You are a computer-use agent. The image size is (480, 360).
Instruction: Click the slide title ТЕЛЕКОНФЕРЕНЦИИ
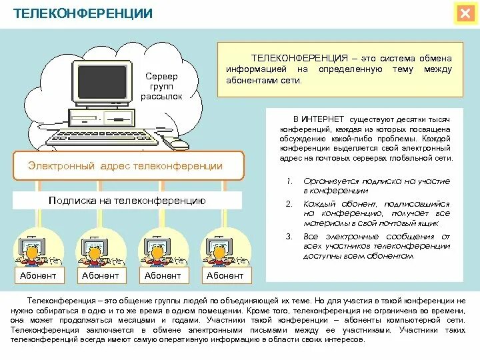click(83, 13)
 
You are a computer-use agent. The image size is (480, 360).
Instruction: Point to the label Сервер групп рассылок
click(161, 87)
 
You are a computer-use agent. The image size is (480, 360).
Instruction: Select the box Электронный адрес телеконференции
click(125, 166)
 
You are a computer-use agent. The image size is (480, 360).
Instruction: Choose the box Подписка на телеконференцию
click(127, 200)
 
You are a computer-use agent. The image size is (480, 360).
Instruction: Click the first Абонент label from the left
click(38, 275)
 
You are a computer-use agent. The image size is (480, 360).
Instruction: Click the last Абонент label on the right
click(225, 275)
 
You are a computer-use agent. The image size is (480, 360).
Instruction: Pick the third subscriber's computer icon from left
click(155, 249)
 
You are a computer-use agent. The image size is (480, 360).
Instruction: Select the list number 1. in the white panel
click(289, 181)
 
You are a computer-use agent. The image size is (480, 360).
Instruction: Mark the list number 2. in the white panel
click(289, 204)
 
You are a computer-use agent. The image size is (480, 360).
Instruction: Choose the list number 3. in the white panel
click(289, 236)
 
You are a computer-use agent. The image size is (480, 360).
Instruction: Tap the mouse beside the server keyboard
click(177, 142)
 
